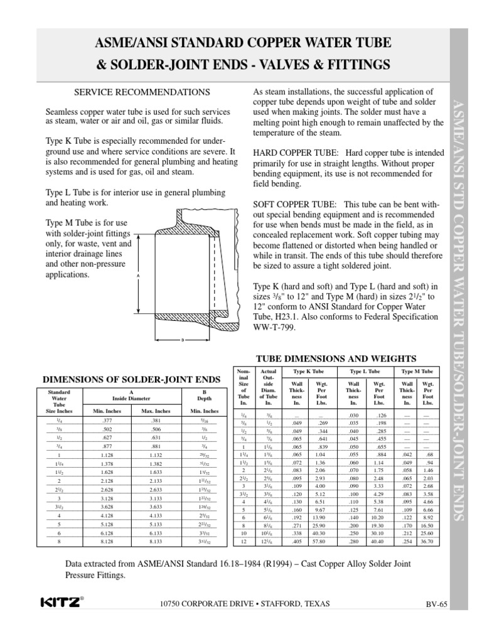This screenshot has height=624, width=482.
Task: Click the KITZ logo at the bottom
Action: pos(60,603)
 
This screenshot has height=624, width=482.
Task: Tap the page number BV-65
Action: pos(433,605)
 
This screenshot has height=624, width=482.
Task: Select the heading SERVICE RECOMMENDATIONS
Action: pos(142,92)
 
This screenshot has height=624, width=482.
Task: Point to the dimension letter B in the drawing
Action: pos(182,341)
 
